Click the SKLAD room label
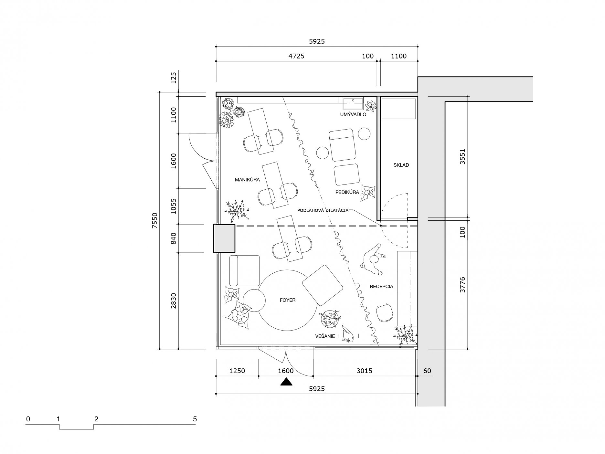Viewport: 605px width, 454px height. pyautogui.click(x=401, y=165)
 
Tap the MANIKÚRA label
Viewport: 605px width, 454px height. pyautogui.click(x=248, y=180)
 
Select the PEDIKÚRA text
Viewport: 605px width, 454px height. pyautogui.click(x=347, y=192)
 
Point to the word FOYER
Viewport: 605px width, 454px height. pyautogui.click(x=288, y=300)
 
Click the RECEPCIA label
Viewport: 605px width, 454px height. pyautogui.click(x=381, y=286)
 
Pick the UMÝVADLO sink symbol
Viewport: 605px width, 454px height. pyautogui.click(x=354, y=104)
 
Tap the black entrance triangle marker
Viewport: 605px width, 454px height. pyautogui.click(x=286, y=382)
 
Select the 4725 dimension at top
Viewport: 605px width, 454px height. pyautogui.click(x=296, y=56)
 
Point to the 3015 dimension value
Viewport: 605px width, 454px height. pyautogui.click(x=364, y=371)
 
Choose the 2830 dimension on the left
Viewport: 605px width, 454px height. pyautogui.click(x=174, y=301)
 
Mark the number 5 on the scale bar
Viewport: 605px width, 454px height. pyautogui.click(x=195, y=419)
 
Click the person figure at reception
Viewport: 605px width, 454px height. pyautogui.click(x=374, y=260)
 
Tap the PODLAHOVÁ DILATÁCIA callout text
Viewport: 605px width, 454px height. pyautogui.click(x=323, y=210)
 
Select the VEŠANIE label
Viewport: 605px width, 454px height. pyautogui.click(x=325, y=336)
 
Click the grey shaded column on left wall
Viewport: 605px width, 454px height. pyautogui.click(x=224, y=238)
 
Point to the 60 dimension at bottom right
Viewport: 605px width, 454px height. pyautogui.click(x=427, y=371)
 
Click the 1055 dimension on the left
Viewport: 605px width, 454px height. pyautogui.click(x=174, y=206)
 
